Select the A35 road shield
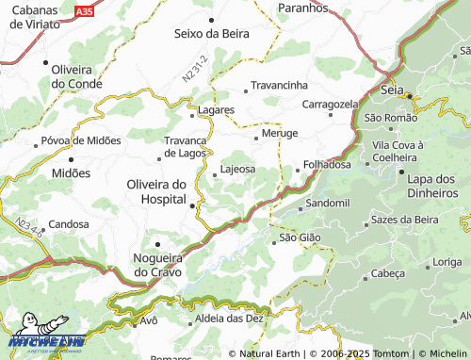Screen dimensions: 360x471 (x=85, y=11)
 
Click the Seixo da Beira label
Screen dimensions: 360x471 (x=212, y=33)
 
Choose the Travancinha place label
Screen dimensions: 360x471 (x=280, y=85)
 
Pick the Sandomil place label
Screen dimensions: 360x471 (x=329, y=203)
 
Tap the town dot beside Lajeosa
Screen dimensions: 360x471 (x=215, y=172)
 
